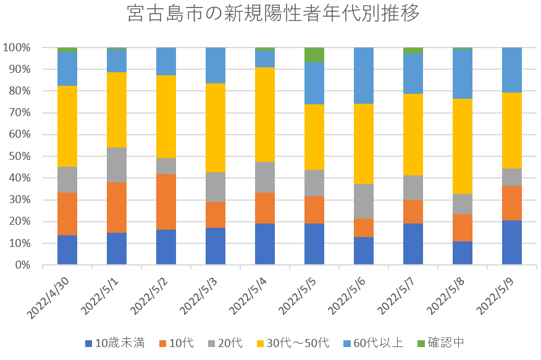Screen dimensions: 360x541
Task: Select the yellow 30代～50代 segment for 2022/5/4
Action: (265, 114)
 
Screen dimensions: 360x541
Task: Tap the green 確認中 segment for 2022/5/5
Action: (314, 55)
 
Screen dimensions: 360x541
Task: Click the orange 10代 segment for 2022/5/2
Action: (166, 202)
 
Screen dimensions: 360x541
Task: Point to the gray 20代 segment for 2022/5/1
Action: (117, 165)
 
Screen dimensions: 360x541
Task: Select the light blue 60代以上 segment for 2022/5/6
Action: (364, 75)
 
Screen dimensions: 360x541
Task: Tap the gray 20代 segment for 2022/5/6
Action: (364, 201)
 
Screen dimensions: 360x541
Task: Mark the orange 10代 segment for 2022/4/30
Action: (67, 214)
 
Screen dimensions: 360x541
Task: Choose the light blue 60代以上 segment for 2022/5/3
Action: (216, 65)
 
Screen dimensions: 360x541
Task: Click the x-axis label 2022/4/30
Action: (49, 298)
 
